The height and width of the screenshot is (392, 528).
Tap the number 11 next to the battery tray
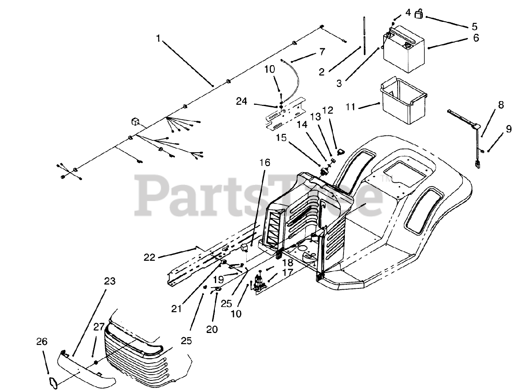(351, 107)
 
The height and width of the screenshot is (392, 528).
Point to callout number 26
(42, 342)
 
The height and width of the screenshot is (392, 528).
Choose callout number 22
(149, 257)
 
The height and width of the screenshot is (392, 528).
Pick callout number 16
(265, 163)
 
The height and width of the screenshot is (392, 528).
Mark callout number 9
(509, 129)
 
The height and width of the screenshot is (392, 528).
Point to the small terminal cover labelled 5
(420, 14)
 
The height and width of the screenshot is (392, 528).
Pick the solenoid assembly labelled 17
(259, 284)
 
